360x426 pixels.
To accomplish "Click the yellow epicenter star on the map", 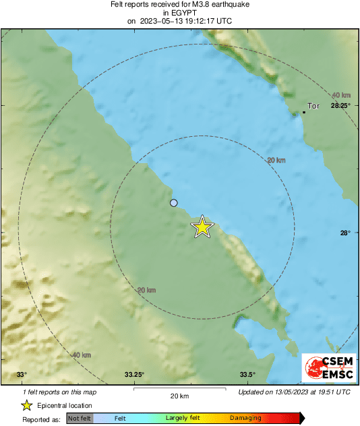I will click(x=202, y=227).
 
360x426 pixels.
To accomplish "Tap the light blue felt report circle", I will click(x=174, y=203).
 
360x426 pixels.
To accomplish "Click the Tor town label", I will click(x=313, y=106).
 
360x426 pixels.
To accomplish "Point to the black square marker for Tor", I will click(x=304, y=112).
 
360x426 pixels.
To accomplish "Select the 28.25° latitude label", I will click(x=340, y=106).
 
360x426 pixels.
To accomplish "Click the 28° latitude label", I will click(x=344, y=233).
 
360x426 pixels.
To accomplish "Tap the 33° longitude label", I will click(x=22, y=375).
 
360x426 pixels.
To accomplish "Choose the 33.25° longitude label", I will click(x=134, y=375).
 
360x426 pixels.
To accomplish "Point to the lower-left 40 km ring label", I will click(x=81, y=355).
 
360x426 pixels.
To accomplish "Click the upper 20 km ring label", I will click(x=275, y=160).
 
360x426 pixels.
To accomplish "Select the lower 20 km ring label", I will click(x=146, y=290).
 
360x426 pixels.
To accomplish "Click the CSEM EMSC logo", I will click(x=326, y=368).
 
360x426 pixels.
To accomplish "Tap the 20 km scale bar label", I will click(x=179, y=396).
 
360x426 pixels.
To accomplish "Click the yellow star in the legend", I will click(x=26, y=405).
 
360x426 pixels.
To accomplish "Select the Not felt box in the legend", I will click(x=80, y=419).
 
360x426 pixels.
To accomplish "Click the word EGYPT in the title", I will click(x=179, y=12).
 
